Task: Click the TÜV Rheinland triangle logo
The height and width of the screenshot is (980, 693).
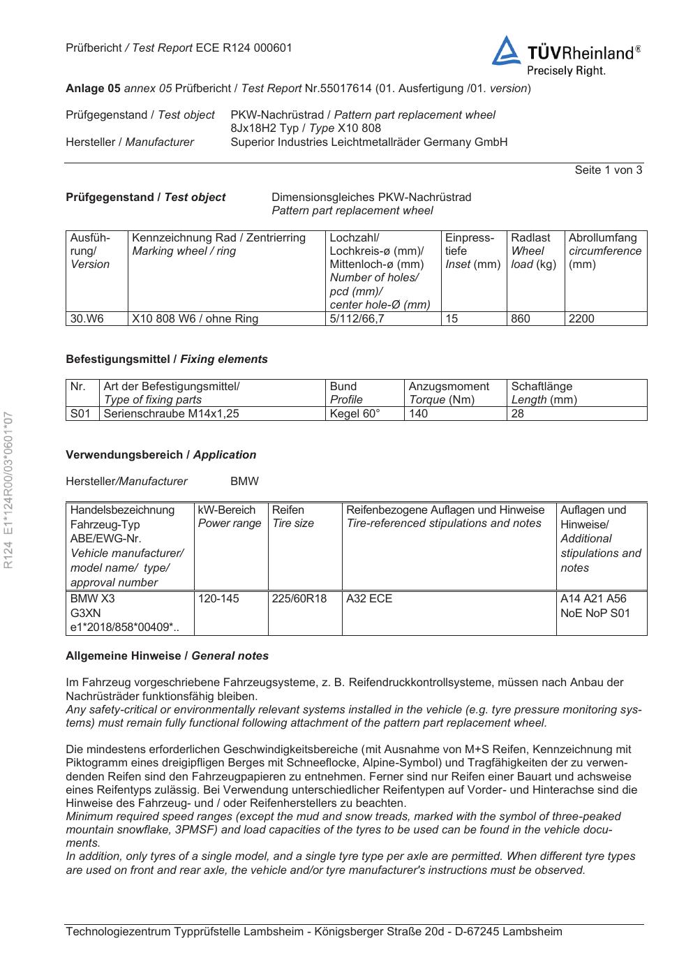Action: tap(506, 52)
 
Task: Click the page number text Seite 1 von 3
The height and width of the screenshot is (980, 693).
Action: tap(608, 170)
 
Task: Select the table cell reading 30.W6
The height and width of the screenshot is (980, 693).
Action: tap(87, 319)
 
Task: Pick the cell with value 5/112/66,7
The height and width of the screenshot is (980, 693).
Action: tap(357, 319)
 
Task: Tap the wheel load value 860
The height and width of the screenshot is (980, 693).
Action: tap(521, 319)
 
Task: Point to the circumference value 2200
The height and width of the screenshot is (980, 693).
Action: tap(581, 319)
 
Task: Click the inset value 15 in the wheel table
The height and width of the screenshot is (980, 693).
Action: tap(452, 319)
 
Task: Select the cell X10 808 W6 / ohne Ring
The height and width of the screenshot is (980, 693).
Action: tap(195, 319)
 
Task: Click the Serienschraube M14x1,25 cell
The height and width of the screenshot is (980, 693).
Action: tap(172, 414)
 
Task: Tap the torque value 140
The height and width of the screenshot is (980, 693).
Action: tap(419, 414)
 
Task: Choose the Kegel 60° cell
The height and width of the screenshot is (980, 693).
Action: tap(355, 414)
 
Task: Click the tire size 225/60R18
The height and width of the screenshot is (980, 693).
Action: tap(299, 599)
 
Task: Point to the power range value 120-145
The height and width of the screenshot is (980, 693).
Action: tap(218, 599)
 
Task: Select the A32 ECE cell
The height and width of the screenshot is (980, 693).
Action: tap(369, 599)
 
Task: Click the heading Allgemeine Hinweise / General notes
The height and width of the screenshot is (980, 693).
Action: tap(167, 656)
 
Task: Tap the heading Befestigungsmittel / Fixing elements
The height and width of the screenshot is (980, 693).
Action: tap(167, 359)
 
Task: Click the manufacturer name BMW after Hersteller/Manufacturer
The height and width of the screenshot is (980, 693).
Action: tap(244, 482)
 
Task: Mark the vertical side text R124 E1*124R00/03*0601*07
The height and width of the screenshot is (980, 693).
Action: tap(8, 490)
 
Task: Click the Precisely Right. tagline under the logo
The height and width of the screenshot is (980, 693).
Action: tap(566, 70)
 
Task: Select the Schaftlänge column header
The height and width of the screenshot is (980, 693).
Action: tap(542, 387)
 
